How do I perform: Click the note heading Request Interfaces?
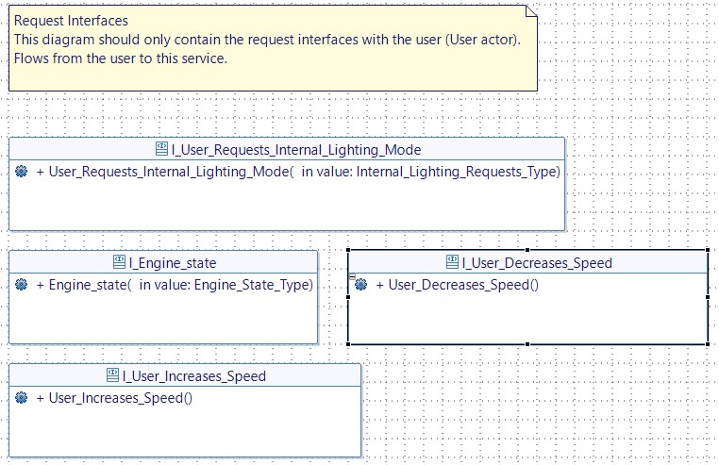point(71,20)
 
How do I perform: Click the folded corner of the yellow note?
point(530,11)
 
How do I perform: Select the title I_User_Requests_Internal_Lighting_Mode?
point(296,150)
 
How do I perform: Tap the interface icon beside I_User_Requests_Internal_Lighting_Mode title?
point(162,150)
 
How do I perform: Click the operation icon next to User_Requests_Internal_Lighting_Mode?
point(22,172)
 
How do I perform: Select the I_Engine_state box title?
point(173,263)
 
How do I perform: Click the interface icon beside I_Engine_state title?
point(120,263)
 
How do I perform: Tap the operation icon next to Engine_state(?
point(22,285)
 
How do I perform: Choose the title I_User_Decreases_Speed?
point(537,263)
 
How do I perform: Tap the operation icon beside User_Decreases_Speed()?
point(360,285)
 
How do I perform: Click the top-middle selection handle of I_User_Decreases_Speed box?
point(527,251)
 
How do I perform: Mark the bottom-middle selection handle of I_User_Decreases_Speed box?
point(527,344)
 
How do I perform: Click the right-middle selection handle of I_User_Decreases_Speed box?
point(707,297)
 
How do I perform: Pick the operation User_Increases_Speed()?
point(120,398)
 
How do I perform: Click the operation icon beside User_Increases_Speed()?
point(22,398)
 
